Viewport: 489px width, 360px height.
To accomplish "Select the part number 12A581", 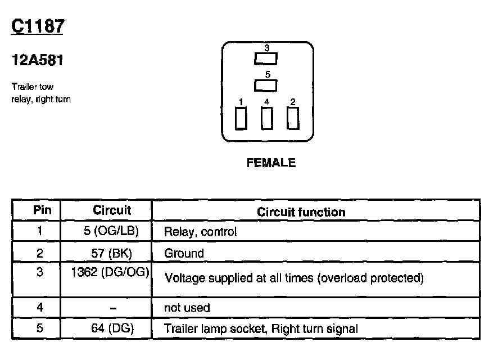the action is pos(37,60).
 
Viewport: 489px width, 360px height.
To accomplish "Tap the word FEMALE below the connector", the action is pos(271,163).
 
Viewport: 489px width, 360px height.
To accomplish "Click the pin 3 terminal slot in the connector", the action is pos(266,58).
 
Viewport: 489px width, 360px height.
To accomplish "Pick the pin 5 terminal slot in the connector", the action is pos(266,85).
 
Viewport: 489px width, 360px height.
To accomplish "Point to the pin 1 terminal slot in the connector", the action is pos(241,118).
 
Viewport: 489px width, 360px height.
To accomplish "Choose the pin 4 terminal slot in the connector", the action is pos(267,118).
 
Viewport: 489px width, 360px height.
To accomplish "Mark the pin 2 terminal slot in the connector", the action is pos(292,118).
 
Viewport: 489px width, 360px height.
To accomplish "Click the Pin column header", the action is pos(42,210).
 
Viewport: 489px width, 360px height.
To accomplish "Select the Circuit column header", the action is pos(112,210).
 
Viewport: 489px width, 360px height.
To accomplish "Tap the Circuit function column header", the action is pos(301,212).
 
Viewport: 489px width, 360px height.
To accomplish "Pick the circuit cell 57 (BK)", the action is pos(112,253).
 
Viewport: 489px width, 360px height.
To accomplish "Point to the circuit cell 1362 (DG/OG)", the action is pos(110,273).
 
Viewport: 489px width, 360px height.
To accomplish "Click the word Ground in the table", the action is pos(184,253).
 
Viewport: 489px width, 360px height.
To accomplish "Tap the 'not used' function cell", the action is pos(187,308).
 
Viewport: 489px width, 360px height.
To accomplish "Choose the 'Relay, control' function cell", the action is pos(200,232).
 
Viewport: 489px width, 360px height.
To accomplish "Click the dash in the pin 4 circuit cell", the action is pos(112,308).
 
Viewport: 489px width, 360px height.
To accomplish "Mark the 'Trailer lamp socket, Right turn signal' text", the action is pos(261,329).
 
